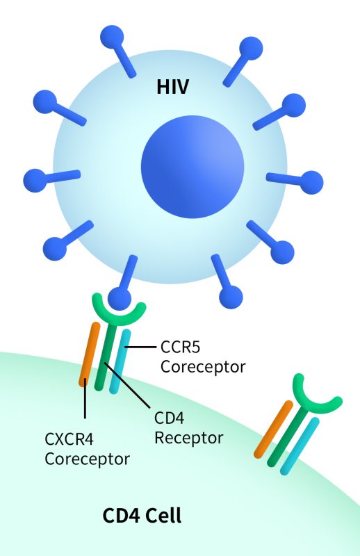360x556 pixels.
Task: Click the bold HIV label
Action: (173, 87)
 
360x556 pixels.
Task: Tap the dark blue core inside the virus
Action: (193, 166)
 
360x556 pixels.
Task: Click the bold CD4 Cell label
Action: (142, 516)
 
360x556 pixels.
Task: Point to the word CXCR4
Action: (69, 439)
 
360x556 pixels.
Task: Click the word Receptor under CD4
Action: (189, 438)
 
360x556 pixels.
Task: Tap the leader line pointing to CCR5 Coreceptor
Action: (140, 347)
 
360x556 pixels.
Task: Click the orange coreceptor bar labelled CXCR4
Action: (90, 354)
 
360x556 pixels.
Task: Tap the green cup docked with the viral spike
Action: (119, 312)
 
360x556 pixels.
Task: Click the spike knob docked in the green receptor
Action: (120, 299)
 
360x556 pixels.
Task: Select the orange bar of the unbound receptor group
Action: (274, 430)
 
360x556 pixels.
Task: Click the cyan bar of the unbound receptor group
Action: (300, 446)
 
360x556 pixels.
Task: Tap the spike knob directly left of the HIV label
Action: (112, 38)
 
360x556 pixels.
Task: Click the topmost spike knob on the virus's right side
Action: (251, 48)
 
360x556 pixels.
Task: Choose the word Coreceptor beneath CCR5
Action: (203, 367)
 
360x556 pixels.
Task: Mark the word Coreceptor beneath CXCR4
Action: (88, 459)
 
